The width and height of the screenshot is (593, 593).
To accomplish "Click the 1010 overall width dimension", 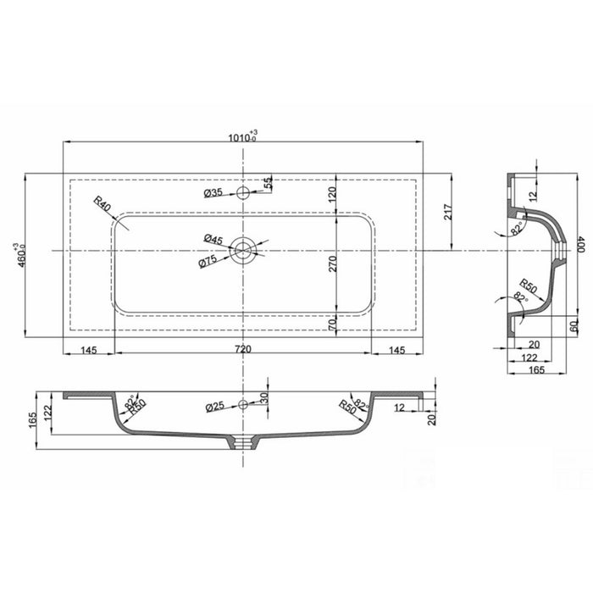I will pyautogui.click(x=244, y=136).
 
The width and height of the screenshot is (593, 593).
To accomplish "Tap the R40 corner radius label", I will pyautogui.click(x=103, y=204).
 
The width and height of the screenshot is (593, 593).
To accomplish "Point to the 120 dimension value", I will pyautogui.click(x=333, y=195).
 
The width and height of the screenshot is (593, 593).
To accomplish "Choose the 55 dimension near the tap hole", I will pyautogui.click(x=268, y=183).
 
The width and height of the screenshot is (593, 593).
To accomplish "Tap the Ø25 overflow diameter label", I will pyautogui.click(x=215, y=407).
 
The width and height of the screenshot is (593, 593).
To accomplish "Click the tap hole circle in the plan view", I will pyautogui.click(x=244, y=193).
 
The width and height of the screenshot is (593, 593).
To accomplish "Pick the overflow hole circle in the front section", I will pyautogui.click(x=244, y=406).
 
